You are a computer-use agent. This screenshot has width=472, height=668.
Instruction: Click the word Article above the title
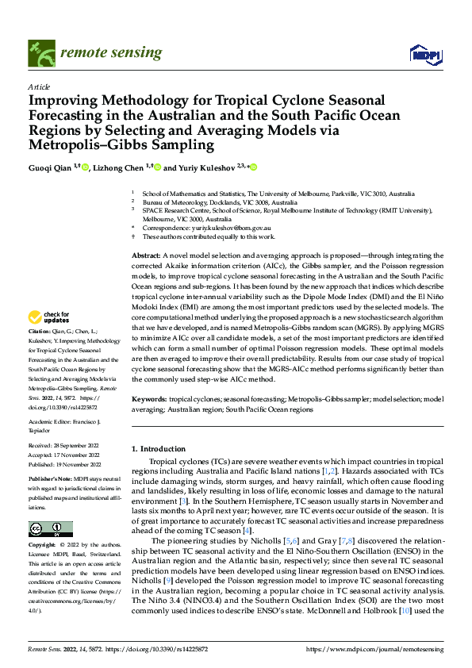point(39,86)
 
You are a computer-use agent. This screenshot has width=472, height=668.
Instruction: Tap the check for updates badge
point(50,316)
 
